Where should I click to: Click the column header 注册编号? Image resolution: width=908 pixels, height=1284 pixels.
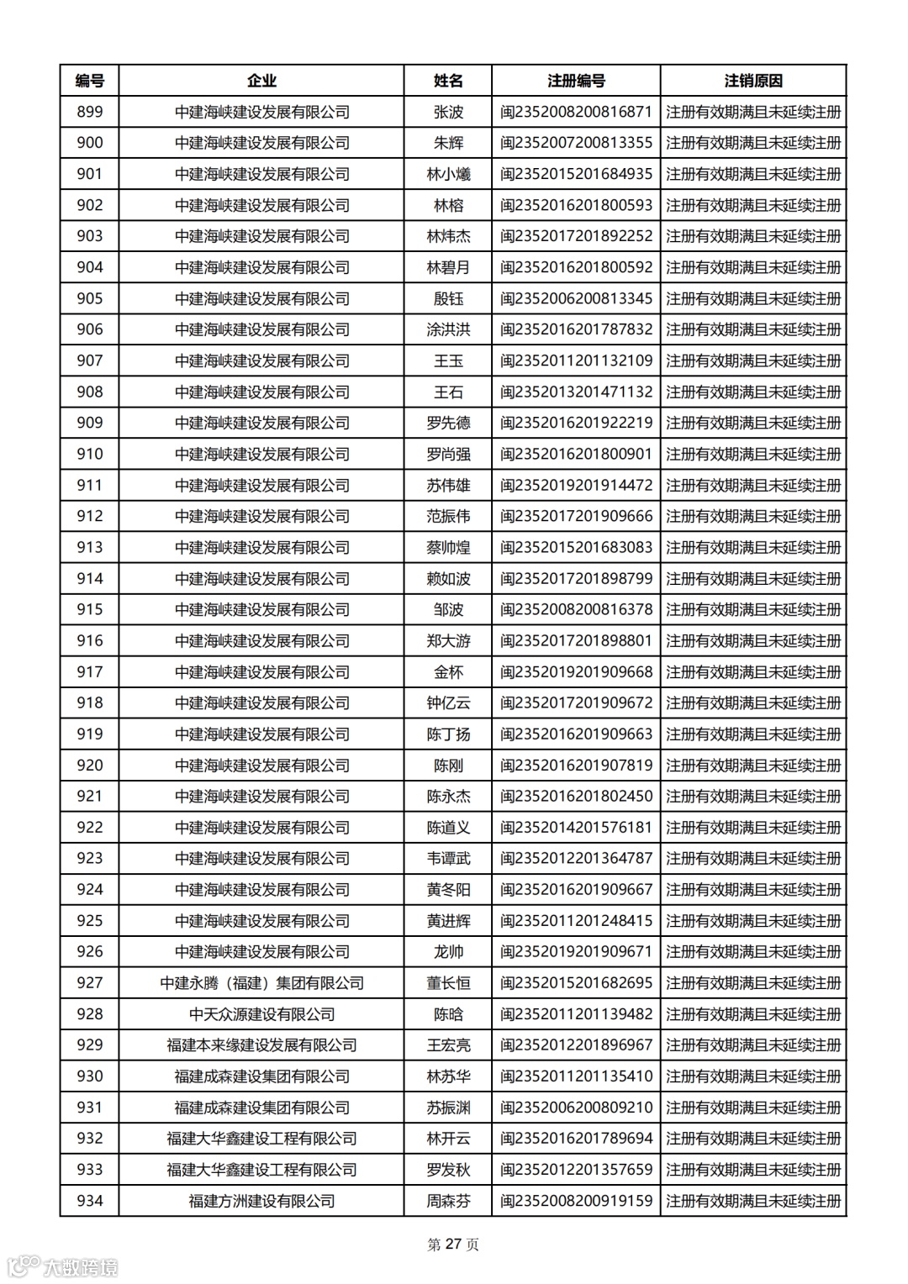[576, 81]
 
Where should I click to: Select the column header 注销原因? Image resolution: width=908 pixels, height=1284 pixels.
[753, 81]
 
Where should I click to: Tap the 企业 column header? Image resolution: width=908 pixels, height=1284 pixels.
[261, 81]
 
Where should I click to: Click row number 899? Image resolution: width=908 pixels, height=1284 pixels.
[89, 112]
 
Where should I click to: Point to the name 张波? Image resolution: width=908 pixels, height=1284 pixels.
[448, 112]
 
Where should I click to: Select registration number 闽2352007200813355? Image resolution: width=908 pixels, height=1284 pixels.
[576, 143]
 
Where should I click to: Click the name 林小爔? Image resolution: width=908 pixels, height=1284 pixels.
[448, 174]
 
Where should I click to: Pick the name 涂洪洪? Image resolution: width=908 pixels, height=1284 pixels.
[448, 329]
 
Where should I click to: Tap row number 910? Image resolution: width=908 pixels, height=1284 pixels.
[89, 454]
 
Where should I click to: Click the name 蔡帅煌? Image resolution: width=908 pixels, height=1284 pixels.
[448, 547]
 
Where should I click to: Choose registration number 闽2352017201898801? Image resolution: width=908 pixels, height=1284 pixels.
[576, 640]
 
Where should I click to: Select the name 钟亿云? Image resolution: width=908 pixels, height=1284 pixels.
[448, 703]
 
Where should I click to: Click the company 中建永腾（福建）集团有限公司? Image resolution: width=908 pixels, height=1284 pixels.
[261, 982]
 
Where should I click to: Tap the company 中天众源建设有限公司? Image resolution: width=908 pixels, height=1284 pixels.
[261, 1013]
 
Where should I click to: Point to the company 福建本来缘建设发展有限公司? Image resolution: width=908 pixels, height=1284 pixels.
[261, 1045]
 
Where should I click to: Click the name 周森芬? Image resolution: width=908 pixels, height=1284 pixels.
[448, 1201]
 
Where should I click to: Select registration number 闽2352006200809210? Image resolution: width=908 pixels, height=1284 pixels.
[576, 1108]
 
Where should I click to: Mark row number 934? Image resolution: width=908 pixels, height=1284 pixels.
[89, 1201]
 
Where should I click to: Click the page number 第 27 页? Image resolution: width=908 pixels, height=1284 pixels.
[453, 1245]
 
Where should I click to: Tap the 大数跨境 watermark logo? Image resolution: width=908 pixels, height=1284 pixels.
[63, 1266]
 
